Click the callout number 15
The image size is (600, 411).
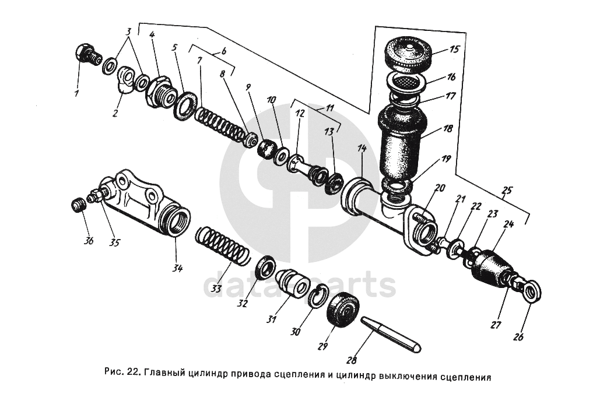[455, 50]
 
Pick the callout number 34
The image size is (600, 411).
[177, 269]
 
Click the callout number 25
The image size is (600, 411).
[507, 190]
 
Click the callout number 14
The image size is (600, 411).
[362, 149]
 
